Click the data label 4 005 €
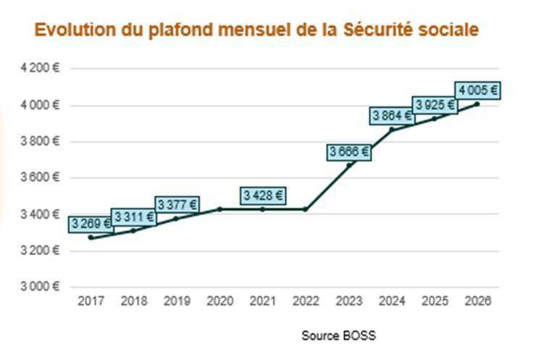point(478,91)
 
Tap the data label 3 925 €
point(435,105)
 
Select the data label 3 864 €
point(392,115)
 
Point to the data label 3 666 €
point(348,151)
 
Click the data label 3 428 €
point(263,195)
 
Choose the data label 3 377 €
point(177,204)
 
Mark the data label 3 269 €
point(91,224)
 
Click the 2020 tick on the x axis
point(219,301)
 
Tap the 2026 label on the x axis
point(477,301)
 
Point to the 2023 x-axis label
point(348,301)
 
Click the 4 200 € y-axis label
point(41,68)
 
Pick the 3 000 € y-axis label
point(41,287)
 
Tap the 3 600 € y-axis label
point(41,177)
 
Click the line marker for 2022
point(306,209)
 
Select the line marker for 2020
point(219,209)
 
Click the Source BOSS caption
point(338,336)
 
